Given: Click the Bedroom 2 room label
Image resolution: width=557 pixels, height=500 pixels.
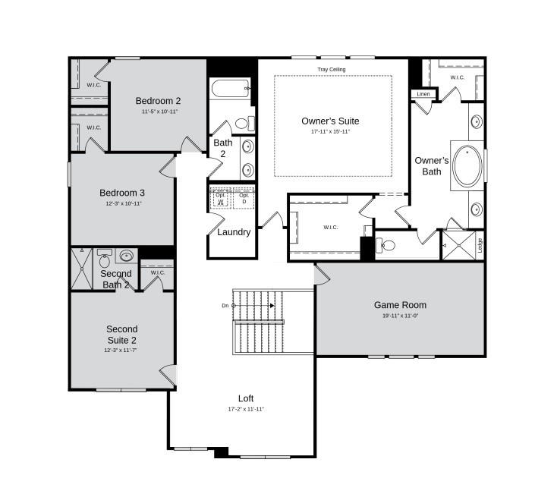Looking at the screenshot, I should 158,101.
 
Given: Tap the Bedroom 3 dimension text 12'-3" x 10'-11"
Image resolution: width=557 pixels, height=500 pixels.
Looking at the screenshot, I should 122,203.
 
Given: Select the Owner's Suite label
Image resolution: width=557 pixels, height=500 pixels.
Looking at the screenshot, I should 330,121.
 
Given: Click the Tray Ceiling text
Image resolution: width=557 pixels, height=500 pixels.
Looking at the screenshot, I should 332,70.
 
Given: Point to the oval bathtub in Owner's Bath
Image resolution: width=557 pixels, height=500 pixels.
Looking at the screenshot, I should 465,165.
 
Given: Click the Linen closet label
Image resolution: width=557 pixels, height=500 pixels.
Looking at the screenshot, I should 423,94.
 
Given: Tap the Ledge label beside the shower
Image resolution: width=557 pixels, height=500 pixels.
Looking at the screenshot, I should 480,245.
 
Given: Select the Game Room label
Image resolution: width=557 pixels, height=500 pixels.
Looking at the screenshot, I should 400,305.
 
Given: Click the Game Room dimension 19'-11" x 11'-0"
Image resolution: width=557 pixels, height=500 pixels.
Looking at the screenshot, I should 400,316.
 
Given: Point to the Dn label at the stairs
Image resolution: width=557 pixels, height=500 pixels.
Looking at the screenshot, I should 225,306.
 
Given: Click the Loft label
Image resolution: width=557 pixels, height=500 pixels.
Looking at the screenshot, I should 246,398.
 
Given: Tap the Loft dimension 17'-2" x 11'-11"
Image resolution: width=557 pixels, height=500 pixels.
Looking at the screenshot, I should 246,409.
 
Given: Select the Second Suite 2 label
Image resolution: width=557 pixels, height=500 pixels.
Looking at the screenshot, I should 121,335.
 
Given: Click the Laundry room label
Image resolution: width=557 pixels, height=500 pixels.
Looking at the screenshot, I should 234,232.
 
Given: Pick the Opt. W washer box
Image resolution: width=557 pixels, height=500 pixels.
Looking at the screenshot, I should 221,198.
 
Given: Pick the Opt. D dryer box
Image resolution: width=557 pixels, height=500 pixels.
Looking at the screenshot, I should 244,198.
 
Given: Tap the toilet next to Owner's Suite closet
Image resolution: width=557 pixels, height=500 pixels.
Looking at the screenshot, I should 386,245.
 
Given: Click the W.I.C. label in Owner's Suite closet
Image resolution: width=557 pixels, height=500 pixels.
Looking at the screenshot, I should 330,227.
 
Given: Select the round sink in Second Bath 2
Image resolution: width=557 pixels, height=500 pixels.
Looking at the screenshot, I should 126,256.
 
